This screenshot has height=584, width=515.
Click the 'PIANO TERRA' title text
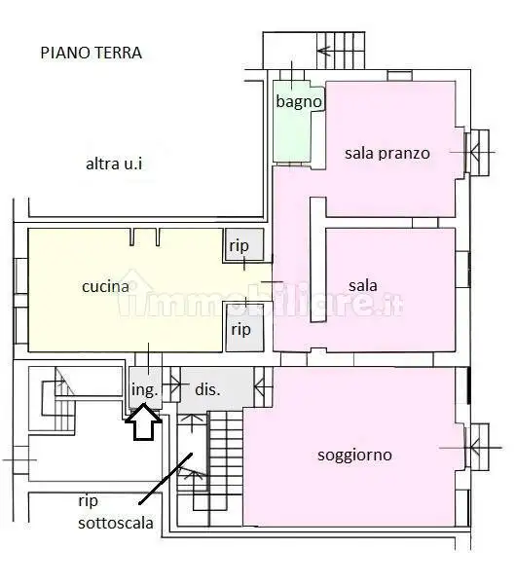coord(91,53)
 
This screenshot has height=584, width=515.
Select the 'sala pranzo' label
coord(387,153)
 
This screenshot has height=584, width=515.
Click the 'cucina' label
coord(105,286)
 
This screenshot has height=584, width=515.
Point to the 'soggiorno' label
coord(354,455)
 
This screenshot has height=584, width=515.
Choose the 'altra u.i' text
coord(114,164)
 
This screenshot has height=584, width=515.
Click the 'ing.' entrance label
coord(143,389)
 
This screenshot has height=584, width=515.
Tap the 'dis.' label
coord(207,389)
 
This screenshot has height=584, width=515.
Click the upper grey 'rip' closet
coord(239,246)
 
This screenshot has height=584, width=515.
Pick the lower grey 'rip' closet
coord(240,329)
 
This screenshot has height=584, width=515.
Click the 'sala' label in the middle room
coord(362,286)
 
